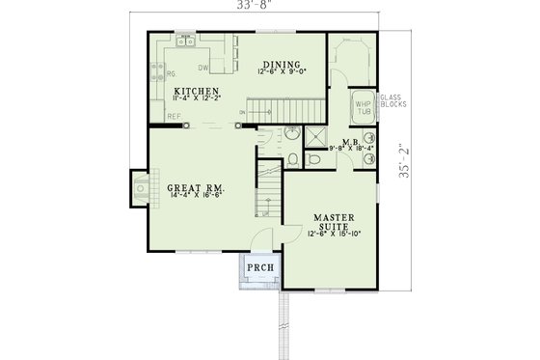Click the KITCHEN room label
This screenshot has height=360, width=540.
[x=189, y=91]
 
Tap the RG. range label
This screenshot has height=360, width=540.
[x=170, y=72]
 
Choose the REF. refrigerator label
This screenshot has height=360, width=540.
[x=174, y=117]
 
